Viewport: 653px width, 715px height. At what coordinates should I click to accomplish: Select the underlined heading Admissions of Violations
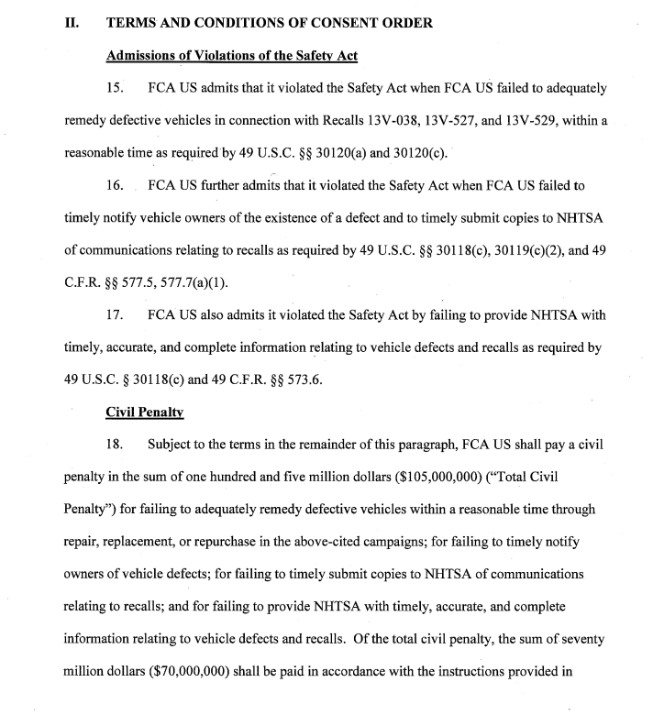click(x=232, y=55)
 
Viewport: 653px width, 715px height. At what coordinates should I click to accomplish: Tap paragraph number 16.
click(x=117, y=185)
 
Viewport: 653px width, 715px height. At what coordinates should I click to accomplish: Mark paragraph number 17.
click(x=117, y=315)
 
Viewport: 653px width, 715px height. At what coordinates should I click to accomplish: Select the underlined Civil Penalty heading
click(x=145, y=412)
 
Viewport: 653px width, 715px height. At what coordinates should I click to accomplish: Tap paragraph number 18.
click(x=117, y=445)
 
